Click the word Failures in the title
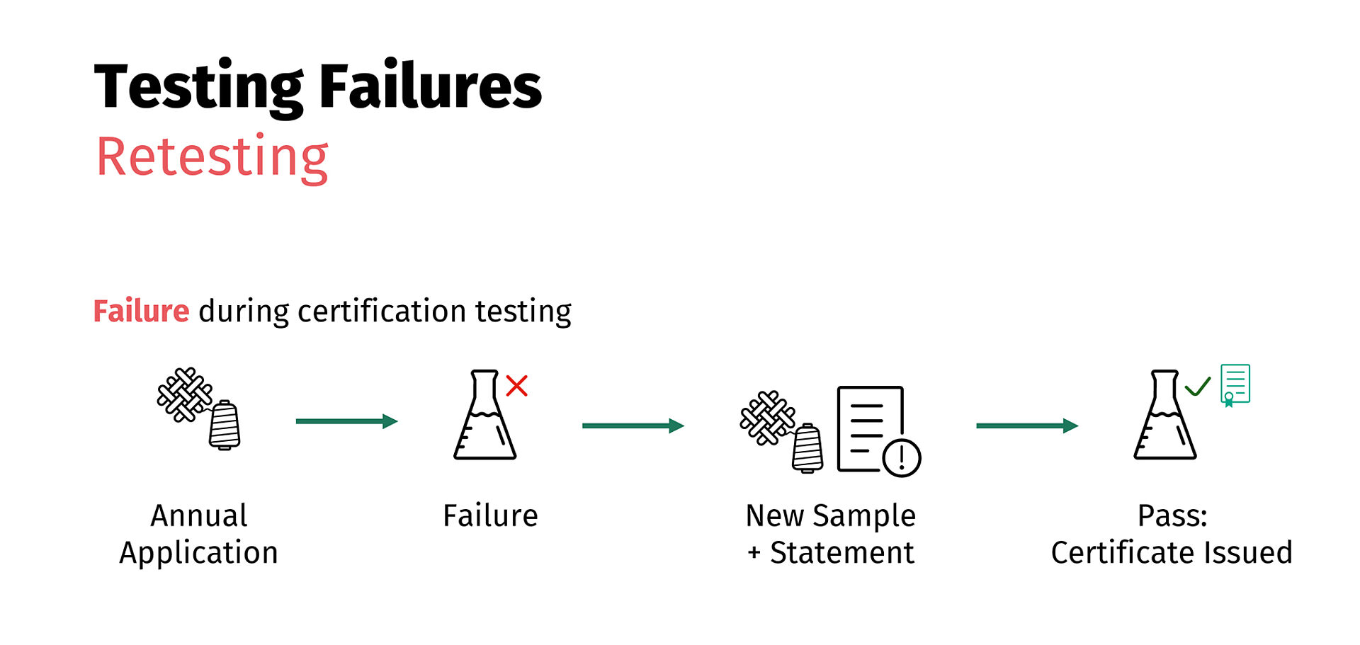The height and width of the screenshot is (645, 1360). (430, 86)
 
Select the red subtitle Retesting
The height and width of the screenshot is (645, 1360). (212, 157)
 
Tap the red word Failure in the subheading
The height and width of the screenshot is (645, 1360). (141, 312)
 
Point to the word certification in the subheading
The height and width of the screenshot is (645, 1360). (382, 312)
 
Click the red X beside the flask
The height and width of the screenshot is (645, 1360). (516, 386)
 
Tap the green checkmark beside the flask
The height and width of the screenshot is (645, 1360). (1197, 387)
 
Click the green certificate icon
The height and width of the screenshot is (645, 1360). (1235, 384)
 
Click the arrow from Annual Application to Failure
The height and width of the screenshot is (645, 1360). (346, 421)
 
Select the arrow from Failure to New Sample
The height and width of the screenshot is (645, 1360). (633, 426)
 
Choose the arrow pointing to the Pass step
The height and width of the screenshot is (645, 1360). (1026, 426)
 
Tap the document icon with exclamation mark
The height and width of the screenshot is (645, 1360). (875, 430)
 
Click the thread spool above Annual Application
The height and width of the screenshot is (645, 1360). (225, 425)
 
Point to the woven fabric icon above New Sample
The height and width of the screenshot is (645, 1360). (766, 418)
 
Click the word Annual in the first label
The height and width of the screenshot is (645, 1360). (199, 516)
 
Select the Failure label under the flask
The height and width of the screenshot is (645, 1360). (490, 516)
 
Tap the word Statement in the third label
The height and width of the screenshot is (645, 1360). (841, 553)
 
